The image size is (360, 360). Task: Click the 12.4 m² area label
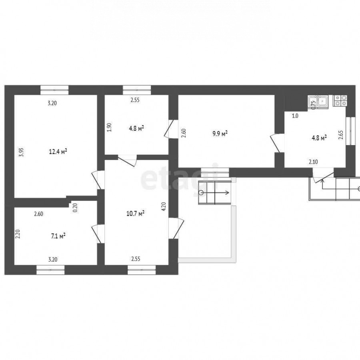[x=58, y=152]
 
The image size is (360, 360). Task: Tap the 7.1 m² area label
[x=58, y=236]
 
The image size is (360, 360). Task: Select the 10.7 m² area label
[x=136, y=214]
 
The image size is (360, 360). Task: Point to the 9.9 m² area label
[x=220, y=134]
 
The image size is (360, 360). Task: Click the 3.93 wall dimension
[x=21, y=152]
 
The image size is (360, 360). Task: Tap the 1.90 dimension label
[x=110, y=127]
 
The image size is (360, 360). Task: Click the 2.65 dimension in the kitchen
[x=341, y=135]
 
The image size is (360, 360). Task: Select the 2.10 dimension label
[x=313, y=162]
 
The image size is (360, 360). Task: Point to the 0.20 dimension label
[x=75, y=208]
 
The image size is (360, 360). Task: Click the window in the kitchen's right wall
[x=350, y=131]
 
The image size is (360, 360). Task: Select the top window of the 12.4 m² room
[x=54, y=90]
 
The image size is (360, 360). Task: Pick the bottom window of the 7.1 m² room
[x=50, y=270]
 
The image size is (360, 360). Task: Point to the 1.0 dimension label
[x=295, y=116]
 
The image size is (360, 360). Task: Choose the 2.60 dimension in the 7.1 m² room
[x=38, y=214]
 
